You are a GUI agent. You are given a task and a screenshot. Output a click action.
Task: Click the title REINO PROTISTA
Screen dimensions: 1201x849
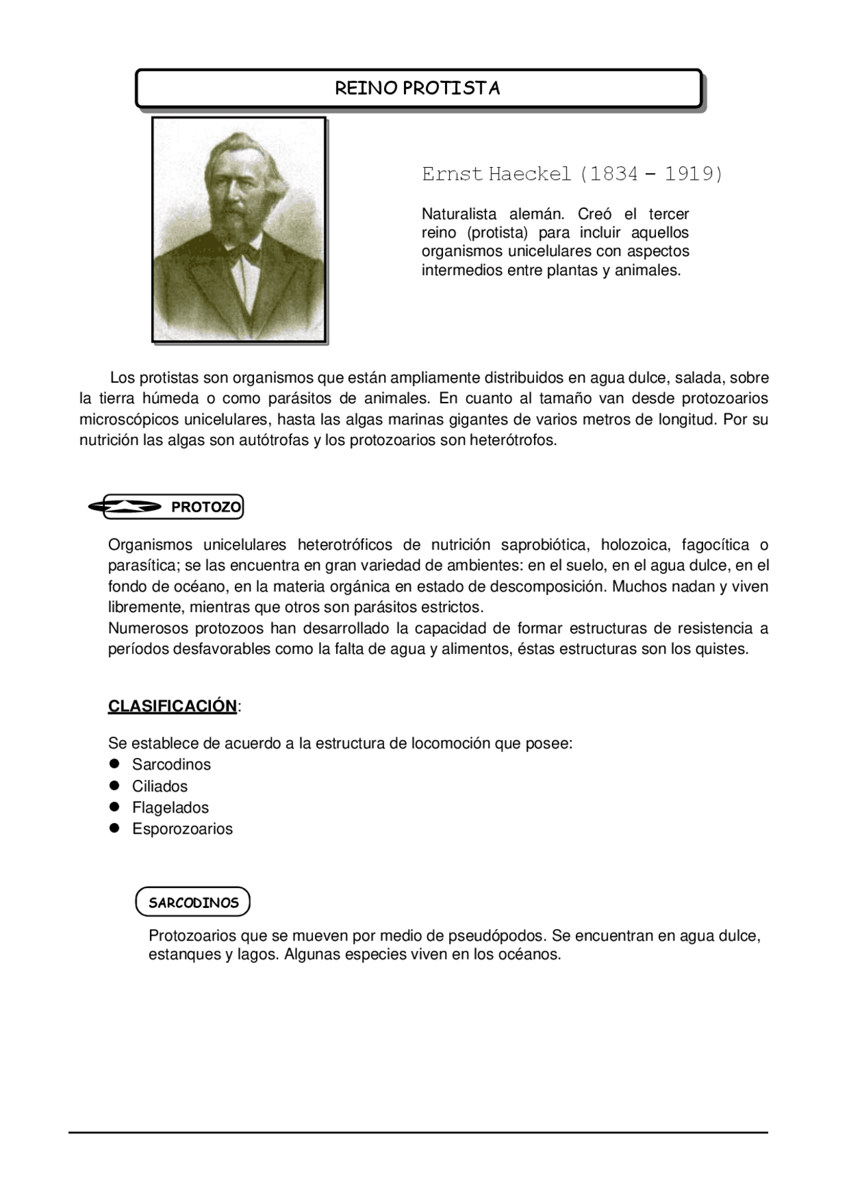tap(417, 88)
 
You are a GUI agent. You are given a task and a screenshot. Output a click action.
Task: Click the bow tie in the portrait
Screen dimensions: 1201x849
tap(245, 251)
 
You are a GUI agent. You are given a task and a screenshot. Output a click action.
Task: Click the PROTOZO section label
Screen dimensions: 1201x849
tap(206, 507)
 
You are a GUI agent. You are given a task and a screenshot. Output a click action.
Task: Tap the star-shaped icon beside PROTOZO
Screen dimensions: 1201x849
tap(125, 507)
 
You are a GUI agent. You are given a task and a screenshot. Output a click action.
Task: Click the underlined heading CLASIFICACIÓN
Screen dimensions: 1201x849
tap(172, 706)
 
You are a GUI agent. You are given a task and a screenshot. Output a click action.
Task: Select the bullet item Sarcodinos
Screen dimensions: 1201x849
tap(171, 765)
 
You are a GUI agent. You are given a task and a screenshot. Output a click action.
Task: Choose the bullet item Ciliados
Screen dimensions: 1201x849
tap(160, 787)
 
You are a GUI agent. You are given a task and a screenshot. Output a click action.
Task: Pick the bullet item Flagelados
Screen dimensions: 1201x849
tap(170, 808)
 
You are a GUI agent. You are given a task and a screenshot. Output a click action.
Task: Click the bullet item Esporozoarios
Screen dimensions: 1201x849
tap(182, 829)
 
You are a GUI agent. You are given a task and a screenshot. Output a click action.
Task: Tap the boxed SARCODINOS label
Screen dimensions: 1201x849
tap(193, 903)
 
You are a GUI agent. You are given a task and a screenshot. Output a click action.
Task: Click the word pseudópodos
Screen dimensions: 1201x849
tap(496, 936)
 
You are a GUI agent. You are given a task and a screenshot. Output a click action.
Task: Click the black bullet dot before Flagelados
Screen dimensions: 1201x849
tap(115, 807)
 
